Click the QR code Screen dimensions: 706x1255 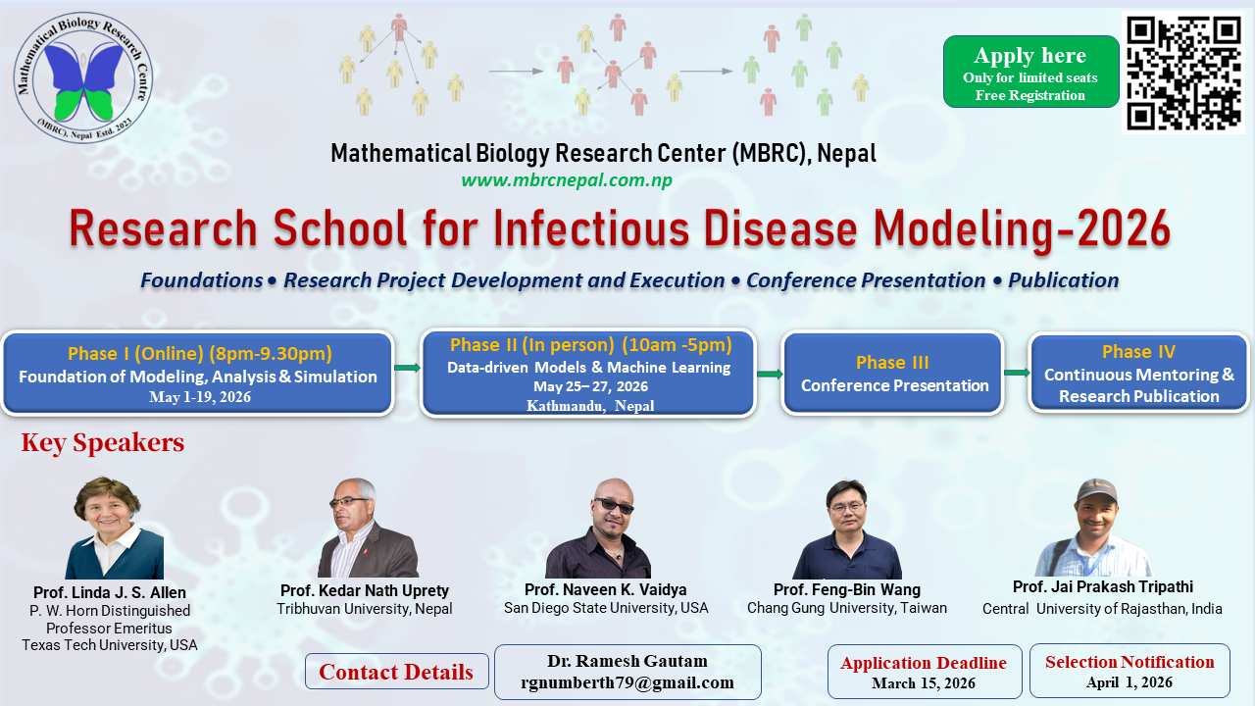(1183, 73)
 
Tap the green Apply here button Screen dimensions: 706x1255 (1030, 72)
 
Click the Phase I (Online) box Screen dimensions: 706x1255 (198, 374)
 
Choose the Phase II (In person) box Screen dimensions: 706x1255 (589, 374)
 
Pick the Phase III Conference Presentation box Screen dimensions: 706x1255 (893, 374)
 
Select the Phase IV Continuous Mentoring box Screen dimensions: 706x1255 (1138, 373)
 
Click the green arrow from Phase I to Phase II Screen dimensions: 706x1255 (407, 368)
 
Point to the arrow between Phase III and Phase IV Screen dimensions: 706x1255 (1016, 373)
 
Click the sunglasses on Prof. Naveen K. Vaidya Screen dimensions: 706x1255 (614, 506)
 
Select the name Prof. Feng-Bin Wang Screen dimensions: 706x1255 (846, 589)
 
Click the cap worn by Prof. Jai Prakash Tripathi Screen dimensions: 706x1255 (1097, 489)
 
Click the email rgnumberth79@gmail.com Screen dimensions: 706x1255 (627, 682)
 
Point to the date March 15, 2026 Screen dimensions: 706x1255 (924, 683)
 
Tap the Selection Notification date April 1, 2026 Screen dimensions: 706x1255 (1129, 682)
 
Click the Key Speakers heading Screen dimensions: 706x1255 (103, 443)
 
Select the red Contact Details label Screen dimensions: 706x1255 (396, 672)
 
